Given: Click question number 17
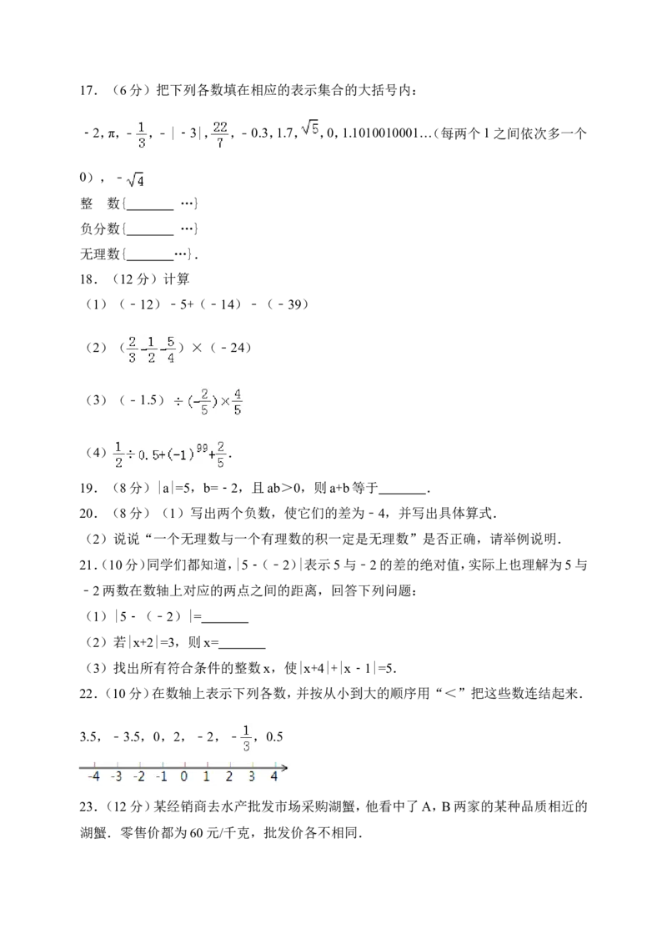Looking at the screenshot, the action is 88,90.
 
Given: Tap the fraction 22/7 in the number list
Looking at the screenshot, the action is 220,134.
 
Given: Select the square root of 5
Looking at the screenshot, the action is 310,128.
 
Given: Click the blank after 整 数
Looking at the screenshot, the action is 150,209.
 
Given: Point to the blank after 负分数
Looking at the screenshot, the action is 150,235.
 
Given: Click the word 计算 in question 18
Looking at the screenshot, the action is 176,279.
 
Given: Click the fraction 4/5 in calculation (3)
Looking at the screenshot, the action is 237,402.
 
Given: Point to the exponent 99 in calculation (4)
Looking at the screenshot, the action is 202,448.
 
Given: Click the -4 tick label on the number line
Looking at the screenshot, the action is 93,776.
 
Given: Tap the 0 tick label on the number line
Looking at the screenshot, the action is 183,776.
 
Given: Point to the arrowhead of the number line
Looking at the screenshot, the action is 284,767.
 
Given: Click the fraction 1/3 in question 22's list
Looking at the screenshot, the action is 246,738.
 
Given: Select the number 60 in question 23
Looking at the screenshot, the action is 196,833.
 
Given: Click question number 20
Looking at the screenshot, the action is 88,514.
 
